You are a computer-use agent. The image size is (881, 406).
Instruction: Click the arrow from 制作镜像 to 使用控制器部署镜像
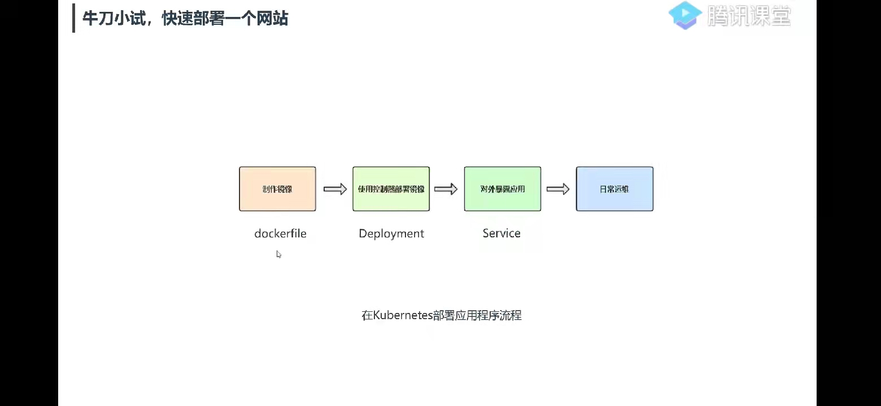335,189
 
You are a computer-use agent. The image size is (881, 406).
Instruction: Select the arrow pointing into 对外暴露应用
446,189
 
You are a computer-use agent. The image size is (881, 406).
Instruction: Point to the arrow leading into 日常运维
558,189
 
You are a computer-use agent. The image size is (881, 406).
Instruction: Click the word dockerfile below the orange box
280,233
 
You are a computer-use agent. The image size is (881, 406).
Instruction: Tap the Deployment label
391,233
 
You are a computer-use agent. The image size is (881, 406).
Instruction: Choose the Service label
501,233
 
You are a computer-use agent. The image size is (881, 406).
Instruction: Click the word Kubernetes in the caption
403,315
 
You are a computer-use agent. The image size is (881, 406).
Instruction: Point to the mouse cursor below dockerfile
278,254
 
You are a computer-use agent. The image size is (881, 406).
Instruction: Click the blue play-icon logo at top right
685,15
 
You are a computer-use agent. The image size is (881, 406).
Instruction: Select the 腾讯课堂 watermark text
749,16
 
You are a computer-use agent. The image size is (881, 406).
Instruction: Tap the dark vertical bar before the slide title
73,19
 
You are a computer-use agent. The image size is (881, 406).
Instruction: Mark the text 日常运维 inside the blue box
614,189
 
